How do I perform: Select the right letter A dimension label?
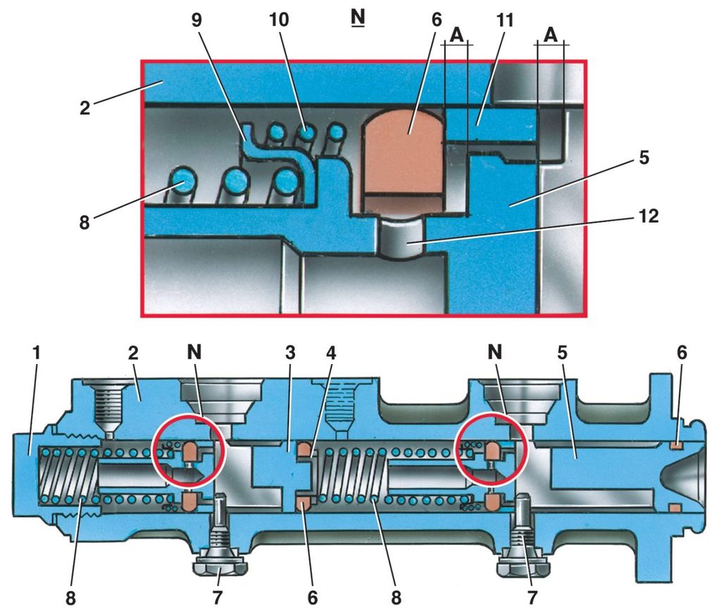551,35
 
